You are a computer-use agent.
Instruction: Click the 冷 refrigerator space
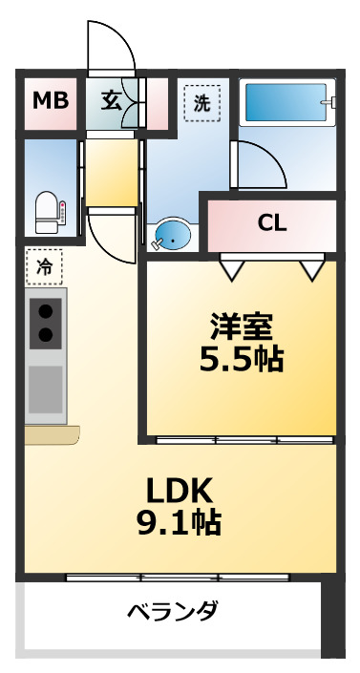click(44, 267)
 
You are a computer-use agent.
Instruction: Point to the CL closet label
click(272, 223)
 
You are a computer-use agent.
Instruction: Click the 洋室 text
click(242, 327)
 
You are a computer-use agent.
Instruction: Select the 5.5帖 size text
click(242, 361)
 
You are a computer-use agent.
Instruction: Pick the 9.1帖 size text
click(178, 523)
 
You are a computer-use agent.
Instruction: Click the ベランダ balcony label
click(173, 612)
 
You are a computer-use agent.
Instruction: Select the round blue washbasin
click(173, 233)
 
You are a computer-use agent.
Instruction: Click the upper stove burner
click(45, 310)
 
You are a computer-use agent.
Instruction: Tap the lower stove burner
click(45, 334)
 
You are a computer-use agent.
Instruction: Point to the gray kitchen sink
click(45, 387)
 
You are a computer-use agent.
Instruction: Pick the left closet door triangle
click(231, 270)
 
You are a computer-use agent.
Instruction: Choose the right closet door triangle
click(311, 270)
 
